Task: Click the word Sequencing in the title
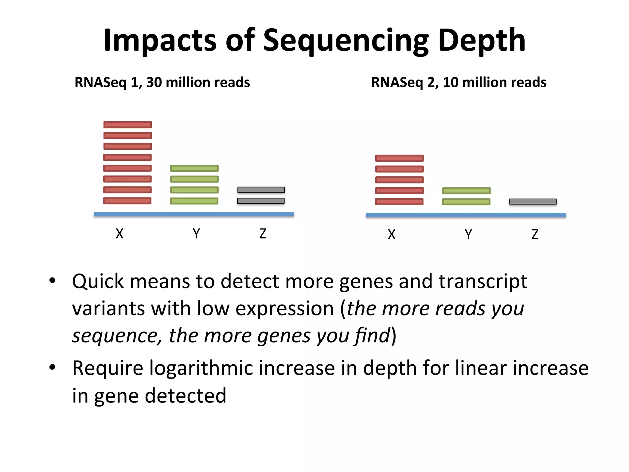(346, 41)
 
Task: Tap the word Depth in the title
(482, 41)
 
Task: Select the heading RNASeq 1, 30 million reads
(162, 82)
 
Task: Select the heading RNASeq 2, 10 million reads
(459, 82)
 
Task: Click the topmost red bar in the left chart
(127, 125)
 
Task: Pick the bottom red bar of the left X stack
(127, 201)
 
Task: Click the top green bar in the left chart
(194, 168)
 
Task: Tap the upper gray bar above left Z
(261, 190)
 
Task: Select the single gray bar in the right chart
(533, 202)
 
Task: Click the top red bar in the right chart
(399, 158)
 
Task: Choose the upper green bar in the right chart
(466, 191)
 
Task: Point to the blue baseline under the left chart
(194, 214)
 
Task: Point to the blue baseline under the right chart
(466, 215)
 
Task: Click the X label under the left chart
(119, 234)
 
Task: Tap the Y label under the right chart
(468, 235)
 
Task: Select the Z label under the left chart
(263, 234)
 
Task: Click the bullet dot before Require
(53, 367)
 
